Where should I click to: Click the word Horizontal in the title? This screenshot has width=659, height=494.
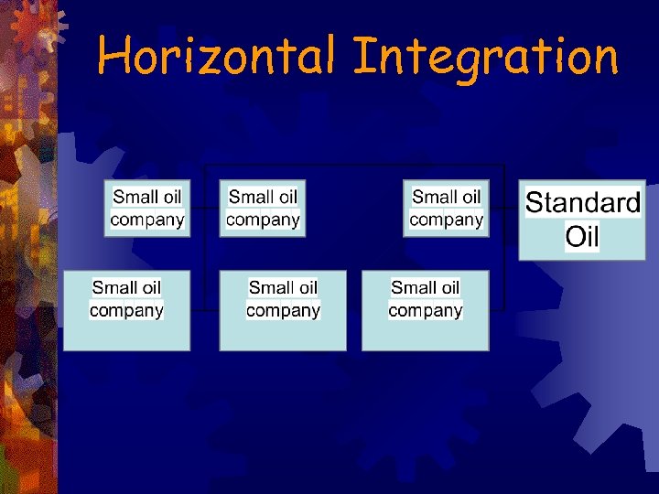click(x=221, y=57)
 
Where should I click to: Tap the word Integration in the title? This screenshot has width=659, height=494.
click(x=486, y=57)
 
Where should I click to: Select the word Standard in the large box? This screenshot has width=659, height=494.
click(x=582, y=203)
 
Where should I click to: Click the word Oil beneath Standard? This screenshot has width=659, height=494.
click(x=582, y=237)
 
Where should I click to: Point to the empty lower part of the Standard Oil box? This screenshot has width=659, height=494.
click(x=582, y=255)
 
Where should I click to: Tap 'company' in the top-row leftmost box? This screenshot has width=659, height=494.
click(x=147, y=220)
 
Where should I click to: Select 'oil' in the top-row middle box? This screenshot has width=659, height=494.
click(x=288, y=197)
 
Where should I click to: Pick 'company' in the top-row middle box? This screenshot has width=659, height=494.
click(x=263, y=220)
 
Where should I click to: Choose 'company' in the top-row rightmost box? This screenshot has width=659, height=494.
click(x=447, y=220)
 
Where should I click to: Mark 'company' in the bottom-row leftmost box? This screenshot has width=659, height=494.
click(x=126, y=310)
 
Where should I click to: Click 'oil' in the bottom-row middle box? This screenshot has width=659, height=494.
click(x=308, y=287)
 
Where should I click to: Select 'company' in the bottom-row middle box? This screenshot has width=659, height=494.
click(x=283, y=310)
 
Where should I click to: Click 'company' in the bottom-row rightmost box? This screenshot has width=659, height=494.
click(x=426, y=310)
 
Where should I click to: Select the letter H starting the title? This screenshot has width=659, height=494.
click(x=112, y=57)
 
